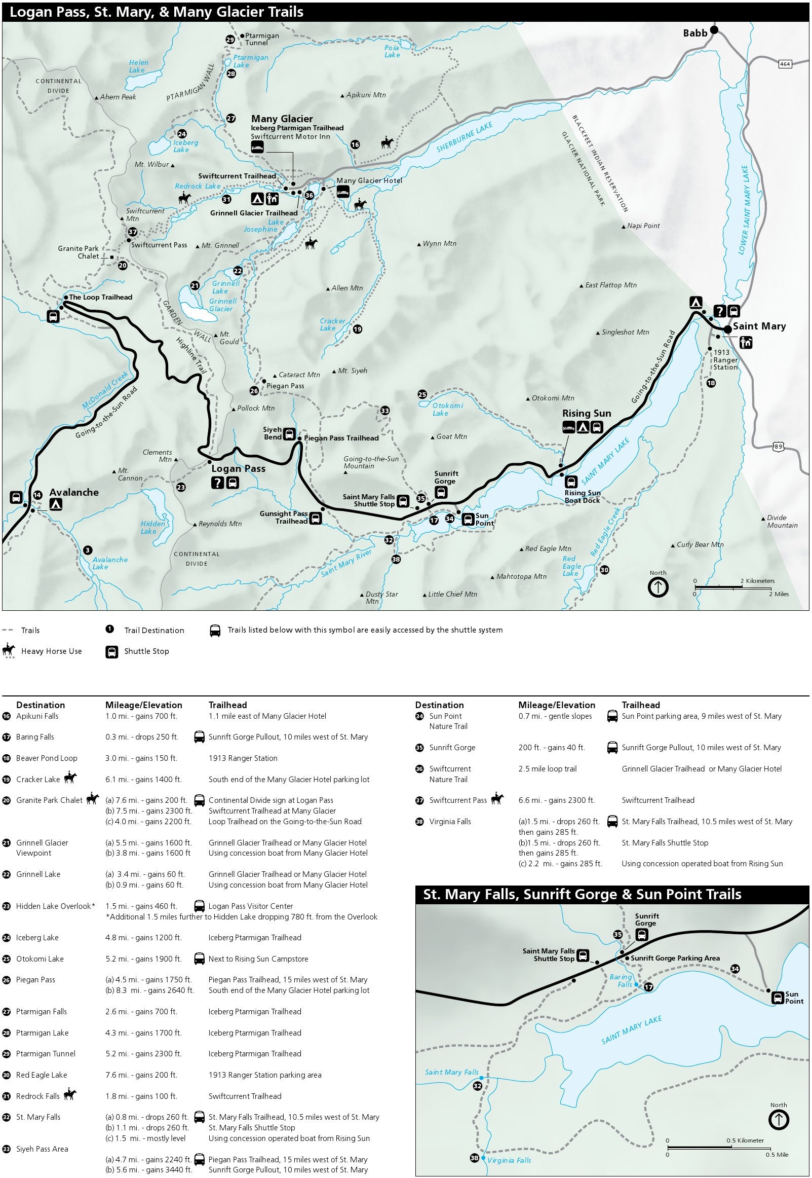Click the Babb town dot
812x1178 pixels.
pos(714,30)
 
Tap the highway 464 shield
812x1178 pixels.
pos(785,64)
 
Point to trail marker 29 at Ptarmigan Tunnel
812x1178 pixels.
pos(230,40)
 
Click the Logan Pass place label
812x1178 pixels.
pos(238,468)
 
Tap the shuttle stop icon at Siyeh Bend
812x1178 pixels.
pos(289,434)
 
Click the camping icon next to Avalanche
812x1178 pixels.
pos(56,504)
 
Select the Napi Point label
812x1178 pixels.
pos(643,226)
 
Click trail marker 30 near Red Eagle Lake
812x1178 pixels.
pos(604,570)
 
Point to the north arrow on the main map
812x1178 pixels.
pos(658,587)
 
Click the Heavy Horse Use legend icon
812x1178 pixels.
pos(9,651)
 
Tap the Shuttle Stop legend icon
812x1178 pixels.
pos(111,652)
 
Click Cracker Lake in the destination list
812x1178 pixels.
pos(38,780)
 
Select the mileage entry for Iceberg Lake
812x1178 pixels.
pos(143,938)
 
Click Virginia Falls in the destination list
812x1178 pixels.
pos(450,822)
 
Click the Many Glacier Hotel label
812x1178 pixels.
pos(369,180)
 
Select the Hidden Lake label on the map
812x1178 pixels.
pos(152,527)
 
